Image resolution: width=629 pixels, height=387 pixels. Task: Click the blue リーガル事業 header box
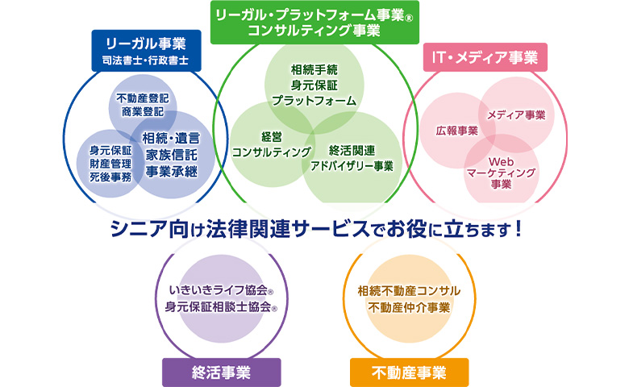tap(147, 51)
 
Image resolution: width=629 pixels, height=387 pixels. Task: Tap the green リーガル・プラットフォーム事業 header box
tap(314, 23)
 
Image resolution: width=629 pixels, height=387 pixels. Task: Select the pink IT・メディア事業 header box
tap(485, 57)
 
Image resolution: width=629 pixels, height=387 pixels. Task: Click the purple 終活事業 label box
tap(222, 372)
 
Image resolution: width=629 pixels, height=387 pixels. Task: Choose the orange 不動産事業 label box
tap(409, 372)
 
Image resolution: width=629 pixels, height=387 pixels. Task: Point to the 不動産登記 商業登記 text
tap(143, 105)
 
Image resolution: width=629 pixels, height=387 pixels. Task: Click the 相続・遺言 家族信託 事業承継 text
tap(171, 155)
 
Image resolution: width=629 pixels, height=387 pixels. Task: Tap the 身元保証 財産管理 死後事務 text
tap(110, 164)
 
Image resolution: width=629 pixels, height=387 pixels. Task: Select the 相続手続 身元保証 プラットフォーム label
tap(314, 85)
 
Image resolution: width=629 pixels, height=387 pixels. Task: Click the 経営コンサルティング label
tap(272, 144)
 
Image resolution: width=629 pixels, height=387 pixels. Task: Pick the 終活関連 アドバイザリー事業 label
tap(352, 158)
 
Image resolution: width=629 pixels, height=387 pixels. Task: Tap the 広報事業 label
tap(457, 131)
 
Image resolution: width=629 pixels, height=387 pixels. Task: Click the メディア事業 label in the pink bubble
tap(516, 115)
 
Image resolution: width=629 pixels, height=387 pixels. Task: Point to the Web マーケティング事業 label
tap(501, 173)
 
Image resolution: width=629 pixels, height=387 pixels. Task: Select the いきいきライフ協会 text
tap(221, 290)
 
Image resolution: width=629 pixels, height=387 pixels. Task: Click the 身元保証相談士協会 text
tap(221, 307)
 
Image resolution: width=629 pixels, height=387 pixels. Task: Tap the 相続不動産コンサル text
tap(409, 291)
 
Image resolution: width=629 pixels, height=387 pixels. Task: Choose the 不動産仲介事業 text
tap(409, 308)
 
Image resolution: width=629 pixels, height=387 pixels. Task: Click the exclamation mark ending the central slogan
tap(519, 229)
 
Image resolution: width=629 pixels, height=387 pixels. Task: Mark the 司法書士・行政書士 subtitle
tap(145, 60)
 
